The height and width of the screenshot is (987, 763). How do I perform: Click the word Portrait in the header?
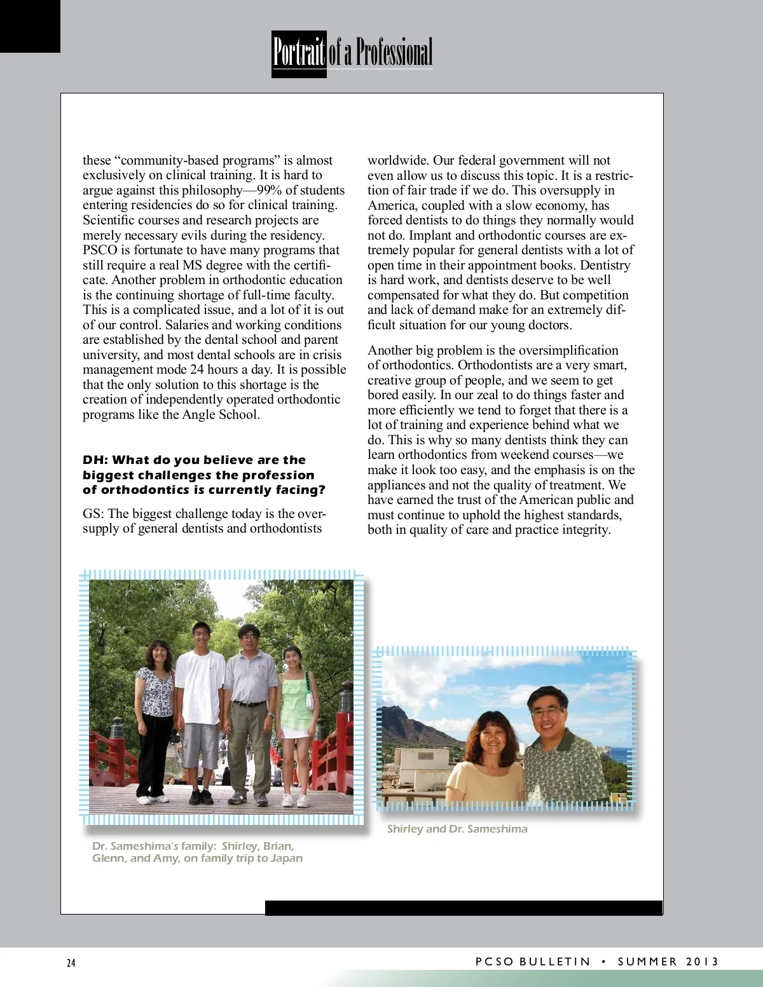coord(299,53)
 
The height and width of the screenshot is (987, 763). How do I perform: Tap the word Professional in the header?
coord(394,53)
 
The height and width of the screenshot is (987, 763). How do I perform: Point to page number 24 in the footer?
coord(71,963)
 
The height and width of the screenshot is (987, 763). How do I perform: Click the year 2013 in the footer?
coord(702,962)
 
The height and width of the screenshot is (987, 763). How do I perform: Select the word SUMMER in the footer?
coord(647,962)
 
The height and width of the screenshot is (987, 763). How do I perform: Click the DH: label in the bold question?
coord(95,460)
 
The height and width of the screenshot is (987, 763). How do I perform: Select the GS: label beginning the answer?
coord(93,514)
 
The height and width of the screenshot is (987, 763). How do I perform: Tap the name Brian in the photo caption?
coord(278,846)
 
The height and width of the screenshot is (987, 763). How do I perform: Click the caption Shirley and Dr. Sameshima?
coord(457,829)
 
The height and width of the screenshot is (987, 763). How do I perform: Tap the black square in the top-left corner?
coord(30,26)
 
